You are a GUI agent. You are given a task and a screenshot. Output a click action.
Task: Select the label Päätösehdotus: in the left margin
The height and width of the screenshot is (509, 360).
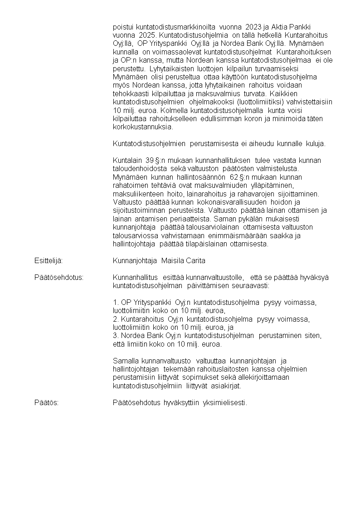[x=59, y=277]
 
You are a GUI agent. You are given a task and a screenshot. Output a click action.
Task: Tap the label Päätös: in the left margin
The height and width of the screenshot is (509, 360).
[x=46, y=403]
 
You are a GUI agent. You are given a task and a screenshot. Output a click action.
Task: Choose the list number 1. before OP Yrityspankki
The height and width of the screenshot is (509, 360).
[x=116, y=302]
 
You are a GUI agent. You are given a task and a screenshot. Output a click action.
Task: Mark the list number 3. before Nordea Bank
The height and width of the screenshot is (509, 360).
[x=116, y=336]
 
